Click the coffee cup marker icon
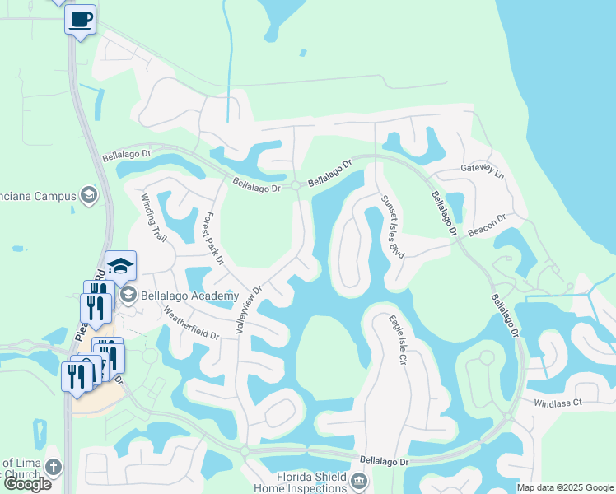(x=80, y=19)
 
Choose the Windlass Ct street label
(x=558, y=403)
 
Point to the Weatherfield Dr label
(x=190, y=324)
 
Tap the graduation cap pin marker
(x=120, y=265)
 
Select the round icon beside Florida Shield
(x=358, y=480)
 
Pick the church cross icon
(x=54, y=467)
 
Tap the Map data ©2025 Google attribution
(x=565, y=487)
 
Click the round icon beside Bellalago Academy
(x=128, y=294)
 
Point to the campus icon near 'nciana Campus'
(x=89, y=195)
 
